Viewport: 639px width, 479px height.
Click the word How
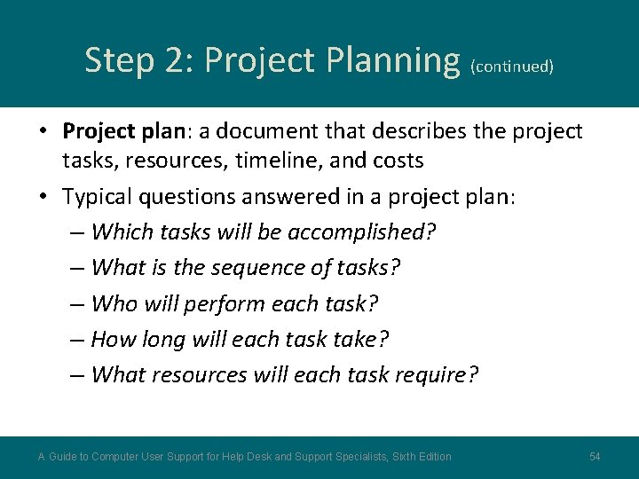(x=113, y=339)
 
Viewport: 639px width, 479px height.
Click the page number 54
(x=595, y=457)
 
